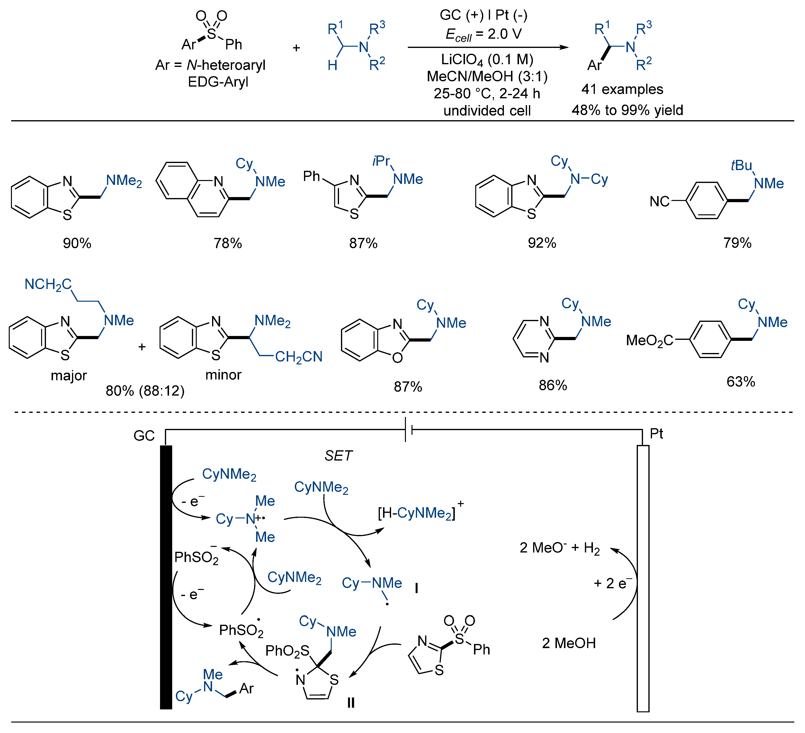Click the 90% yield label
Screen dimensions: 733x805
(77, 243)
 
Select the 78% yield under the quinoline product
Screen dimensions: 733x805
(228, 243)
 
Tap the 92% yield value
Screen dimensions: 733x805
(542, 243)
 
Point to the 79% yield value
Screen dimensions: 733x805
(737, 243)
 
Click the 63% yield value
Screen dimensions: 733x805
(741, 381)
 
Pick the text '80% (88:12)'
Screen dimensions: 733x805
(145, 391)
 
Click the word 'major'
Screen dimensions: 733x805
(69, 375)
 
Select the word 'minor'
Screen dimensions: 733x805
(223, 375)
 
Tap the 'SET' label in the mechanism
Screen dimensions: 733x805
(338, 456)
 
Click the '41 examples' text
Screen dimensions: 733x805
(622, 89)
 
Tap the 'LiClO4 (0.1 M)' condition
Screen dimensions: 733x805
(487, 60)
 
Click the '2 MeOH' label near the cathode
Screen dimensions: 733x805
(569, 643)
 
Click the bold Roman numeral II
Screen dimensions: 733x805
(351, 702)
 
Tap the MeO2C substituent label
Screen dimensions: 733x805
(649, 340)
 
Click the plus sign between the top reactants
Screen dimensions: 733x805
(296, 48)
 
